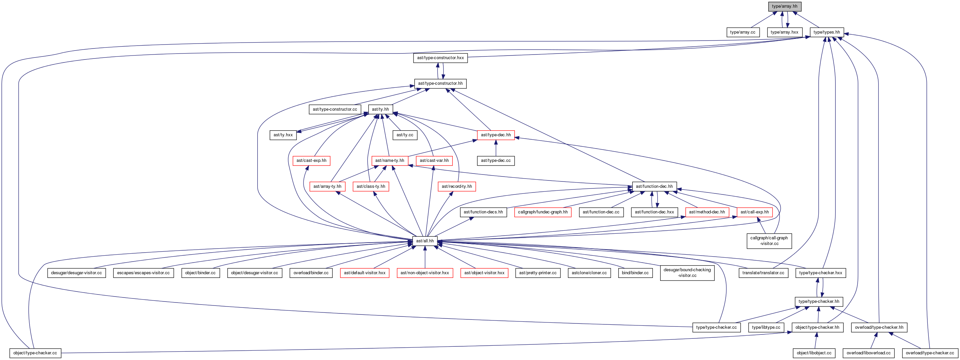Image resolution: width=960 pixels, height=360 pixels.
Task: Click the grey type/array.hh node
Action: coord(784,6)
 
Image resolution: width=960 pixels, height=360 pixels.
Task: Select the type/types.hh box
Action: coord(827,32)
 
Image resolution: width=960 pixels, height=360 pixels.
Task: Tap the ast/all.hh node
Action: coord(425,241)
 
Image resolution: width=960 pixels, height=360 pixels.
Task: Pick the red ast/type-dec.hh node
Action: coord(496,135)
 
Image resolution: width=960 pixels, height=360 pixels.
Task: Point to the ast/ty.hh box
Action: coord(380,109)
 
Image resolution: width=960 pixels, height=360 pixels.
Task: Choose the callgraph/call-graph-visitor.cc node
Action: coord(769,241)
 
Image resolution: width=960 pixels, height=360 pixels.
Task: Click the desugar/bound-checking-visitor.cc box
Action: coord(687,273)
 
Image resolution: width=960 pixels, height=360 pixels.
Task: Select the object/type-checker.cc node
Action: coord(35,353)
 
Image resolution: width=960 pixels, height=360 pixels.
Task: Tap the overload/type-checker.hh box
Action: coord(879,327)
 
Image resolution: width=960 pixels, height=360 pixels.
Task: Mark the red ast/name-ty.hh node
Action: coord(390,161)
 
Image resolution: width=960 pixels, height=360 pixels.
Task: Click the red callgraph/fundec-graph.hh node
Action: coord(542,212)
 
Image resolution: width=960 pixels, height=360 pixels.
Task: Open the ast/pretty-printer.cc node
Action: coord(538,273)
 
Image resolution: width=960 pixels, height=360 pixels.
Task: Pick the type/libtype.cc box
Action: coord(766,327)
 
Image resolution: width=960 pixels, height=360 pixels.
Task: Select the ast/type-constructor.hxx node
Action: coord(440,58)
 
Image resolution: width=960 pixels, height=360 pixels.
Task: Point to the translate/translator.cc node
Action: coord(763,273)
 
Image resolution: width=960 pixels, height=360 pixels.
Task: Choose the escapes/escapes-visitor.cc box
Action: coord(143,273)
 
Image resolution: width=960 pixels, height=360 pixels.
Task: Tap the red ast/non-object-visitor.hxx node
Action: coord(425,273)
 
